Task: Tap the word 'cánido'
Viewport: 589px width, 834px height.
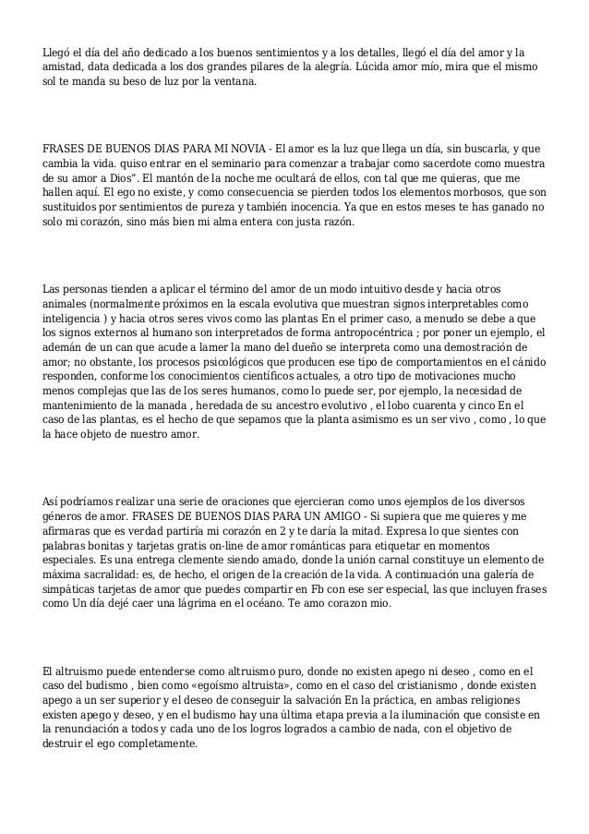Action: pyautogui.click(x=525, y=361)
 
